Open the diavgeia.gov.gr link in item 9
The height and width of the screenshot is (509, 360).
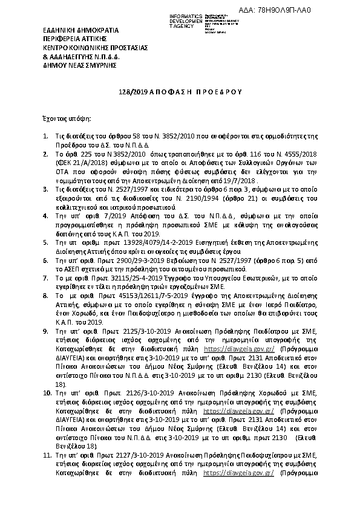coord(240,349)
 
